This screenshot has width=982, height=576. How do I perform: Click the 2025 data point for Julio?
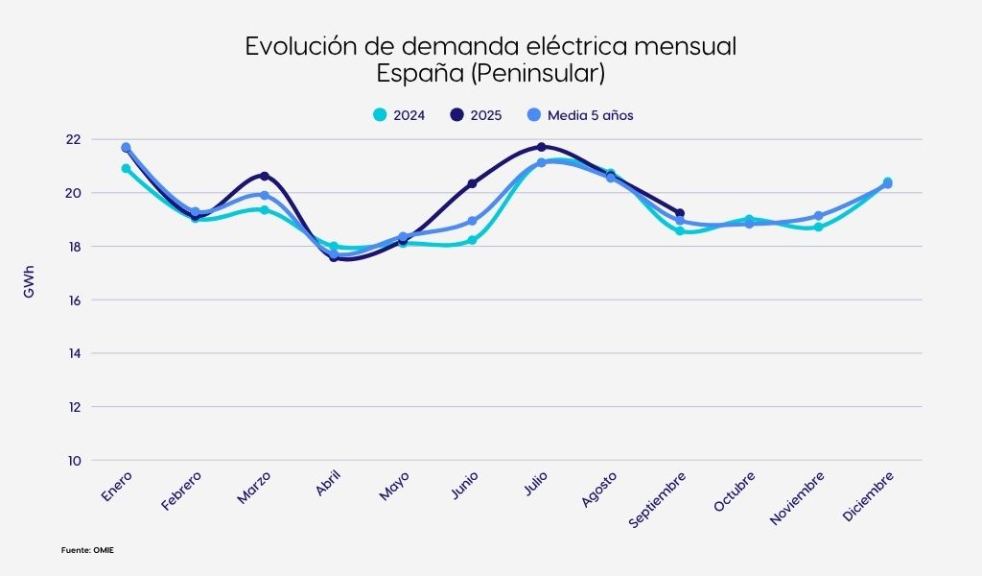pyautogui.click(x=541, y=147)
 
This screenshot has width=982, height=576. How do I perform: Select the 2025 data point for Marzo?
pyautogui.click(x=265, y=176)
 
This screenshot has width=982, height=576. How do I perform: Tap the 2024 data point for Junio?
pyautogui.click(x=472, y=240)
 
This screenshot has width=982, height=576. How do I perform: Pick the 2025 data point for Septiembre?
pyautogui.click(x=680, y=213)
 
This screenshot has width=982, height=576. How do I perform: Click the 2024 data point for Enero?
pyautogui.click(x=126, y=168)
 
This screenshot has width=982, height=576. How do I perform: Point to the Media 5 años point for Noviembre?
pyautogui.click(x=818, y=216)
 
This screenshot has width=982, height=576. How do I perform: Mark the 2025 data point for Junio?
pyautogui.click(x=472, y=182)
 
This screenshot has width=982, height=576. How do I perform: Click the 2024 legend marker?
pyautogui.click(x=380, y=115)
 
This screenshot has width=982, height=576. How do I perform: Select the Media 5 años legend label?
pyautogui.click(x=590, y=115)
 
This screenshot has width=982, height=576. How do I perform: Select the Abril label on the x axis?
pyautogui.click(x=327, y=484)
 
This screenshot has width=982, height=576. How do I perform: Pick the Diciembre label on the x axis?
pyautogui.click(x=868, y=496)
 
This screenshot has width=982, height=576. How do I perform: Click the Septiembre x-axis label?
pyautogui.click(x=658, y=498)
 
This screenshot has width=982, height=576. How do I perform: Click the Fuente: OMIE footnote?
pyautogui.click(x=89, y=550)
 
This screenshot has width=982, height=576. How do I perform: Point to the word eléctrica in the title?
pyautogui.click(x=563, y=46)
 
